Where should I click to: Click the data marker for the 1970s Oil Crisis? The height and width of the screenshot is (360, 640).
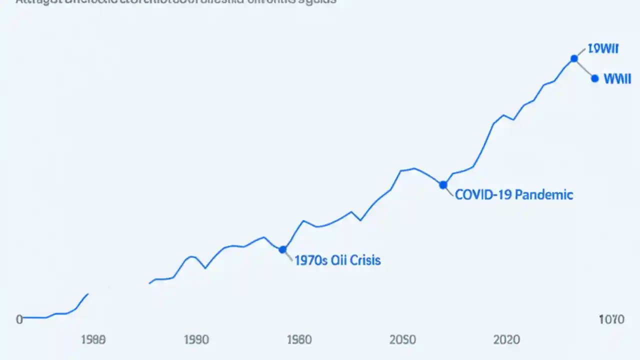[x=282, y=249]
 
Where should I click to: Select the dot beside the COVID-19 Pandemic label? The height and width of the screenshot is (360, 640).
[x=443, y=185]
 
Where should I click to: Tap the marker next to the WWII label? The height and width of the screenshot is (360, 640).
[x=594, y=78]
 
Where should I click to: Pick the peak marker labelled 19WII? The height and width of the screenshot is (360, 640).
[x=574, y=58]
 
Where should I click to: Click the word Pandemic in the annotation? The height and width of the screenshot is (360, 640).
[x=543, y=194]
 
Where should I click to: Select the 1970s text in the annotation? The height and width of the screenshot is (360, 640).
[x=310, y=260]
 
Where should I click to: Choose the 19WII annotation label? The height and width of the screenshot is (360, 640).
[x=603, y=48]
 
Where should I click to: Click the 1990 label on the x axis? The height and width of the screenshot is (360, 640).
[x=196, y=340]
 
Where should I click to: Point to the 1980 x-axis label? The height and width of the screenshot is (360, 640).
[x=299, y=340]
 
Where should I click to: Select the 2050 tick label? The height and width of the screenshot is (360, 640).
[x=402, y=340]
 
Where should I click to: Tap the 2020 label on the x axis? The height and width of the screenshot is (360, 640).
[x=506, y=340]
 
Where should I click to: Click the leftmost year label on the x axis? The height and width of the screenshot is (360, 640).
[x=93, y=340]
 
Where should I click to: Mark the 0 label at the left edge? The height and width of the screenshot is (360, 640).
[x=19, y=319]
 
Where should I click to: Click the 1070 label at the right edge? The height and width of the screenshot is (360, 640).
[x=611, y=319]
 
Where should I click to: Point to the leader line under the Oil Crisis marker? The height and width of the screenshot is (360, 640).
[x=288, y=256]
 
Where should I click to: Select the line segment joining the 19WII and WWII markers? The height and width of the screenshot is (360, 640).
[x=584, y=69]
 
